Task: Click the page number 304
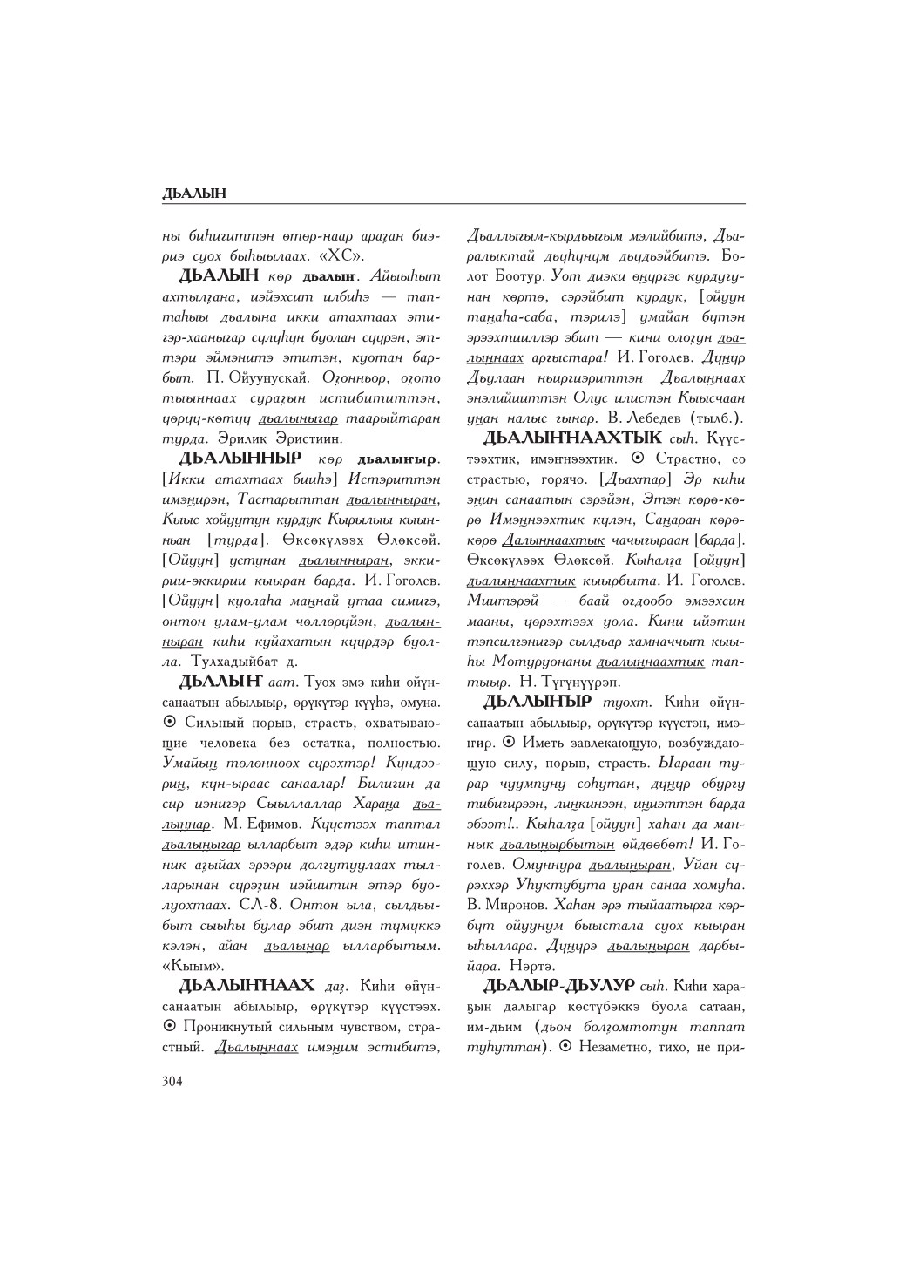click(172, 1081)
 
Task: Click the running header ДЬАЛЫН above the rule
click(194, 194)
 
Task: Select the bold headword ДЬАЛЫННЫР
click(240, 458)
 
